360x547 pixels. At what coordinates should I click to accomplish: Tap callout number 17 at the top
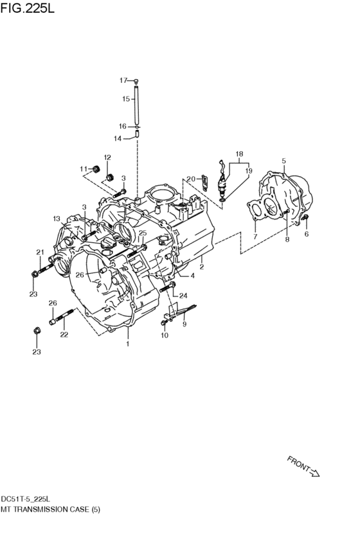point(123,80)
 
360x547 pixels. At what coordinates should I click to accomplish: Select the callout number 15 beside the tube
point(126,99)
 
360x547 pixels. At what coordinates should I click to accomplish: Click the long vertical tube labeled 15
point(137,106)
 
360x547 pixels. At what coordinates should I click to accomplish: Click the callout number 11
point(84,169)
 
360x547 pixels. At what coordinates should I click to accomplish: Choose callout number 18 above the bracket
point(239,154)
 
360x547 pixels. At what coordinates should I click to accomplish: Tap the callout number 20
point(191,179)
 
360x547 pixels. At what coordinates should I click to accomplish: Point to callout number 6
point(306,235)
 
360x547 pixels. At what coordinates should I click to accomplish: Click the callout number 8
point(287,239)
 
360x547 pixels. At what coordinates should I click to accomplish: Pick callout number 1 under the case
point(127,344)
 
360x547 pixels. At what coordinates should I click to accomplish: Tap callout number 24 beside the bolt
point(183,296)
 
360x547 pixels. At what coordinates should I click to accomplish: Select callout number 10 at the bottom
point(165,336)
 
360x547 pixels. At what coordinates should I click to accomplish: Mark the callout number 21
point(40,252)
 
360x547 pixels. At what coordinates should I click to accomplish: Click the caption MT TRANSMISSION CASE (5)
point(51,508)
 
